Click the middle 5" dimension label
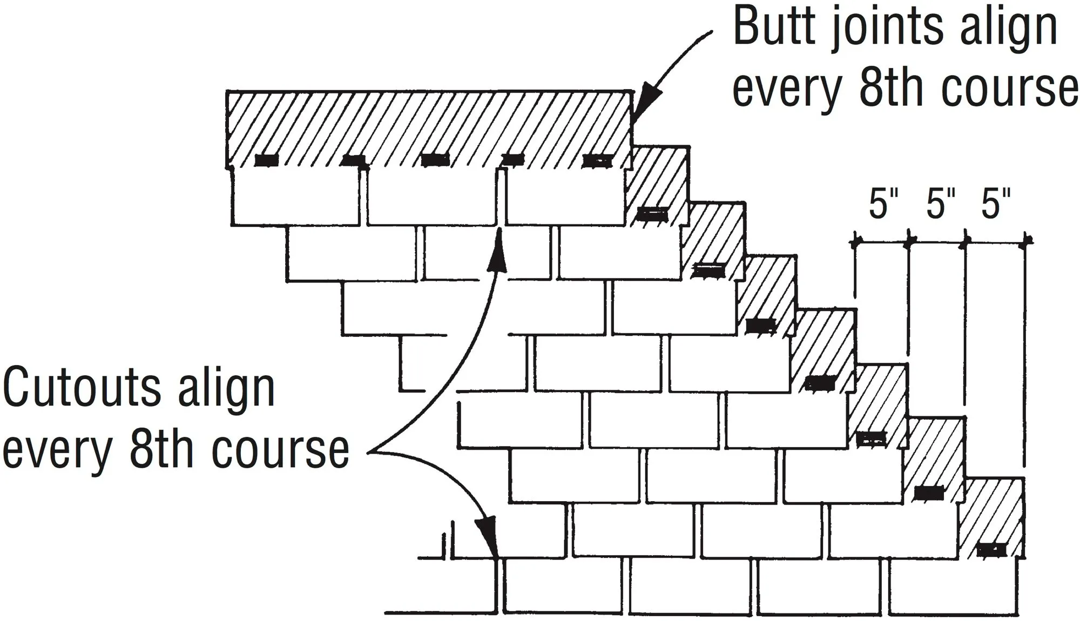click(940, 204)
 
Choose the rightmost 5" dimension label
click(995, 204)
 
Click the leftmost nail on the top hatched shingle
click(266, 160)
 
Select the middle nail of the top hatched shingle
click(435, 160)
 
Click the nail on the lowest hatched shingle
click(991, 550)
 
